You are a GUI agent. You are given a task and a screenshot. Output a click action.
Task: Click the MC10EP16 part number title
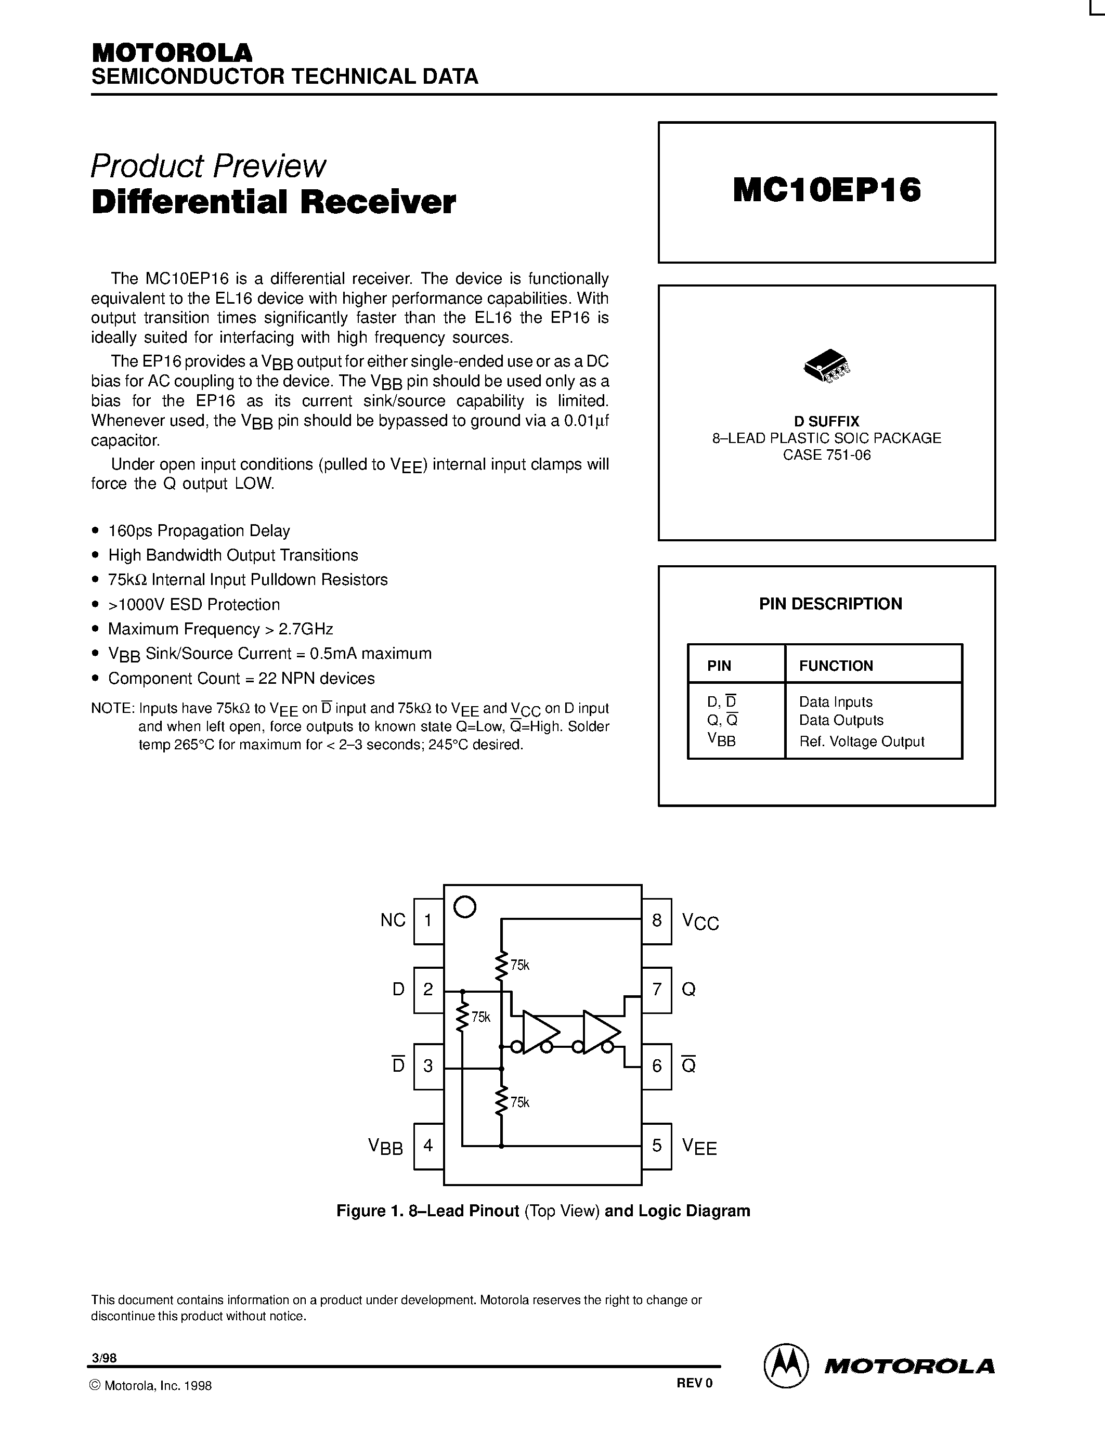(x=827, y=190)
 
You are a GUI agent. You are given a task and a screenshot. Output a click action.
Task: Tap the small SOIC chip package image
(x=826, y=367)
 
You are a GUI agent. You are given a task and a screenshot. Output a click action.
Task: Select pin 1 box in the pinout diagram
(x=428, y=920)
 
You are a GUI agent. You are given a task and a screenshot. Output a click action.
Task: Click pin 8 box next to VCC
(x=657, y=920)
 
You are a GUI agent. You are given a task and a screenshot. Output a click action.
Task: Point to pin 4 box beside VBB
(x=428, y=1145)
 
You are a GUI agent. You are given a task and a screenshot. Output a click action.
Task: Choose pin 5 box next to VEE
(x=657, y=1145)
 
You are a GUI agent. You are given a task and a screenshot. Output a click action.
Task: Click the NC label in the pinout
(x=393, y=920)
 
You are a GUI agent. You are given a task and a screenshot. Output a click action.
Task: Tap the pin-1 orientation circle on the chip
(x=465, y=907)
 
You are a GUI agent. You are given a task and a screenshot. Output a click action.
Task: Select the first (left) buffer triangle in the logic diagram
(x=541, y=1033)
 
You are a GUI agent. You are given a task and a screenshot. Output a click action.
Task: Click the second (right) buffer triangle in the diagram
(x=601, y=1033)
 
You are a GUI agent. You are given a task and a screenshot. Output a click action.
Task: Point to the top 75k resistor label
(x=520, y=965)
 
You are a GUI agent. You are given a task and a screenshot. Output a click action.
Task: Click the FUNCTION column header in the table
(x=836, y=666)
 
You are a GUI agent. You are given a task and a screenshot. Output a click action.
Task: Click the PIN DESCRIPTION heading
(x=830, y=604)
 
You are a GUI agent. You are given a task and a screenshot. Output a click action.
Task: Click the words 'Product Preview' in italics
(x=208, y=166)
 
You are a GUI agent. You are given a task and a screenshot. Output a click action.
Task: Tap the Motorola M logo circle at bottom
(x=784, y=1366)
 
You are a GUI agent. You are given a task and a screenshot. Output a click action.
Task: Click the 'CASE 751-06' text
(x=827, y=455)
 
